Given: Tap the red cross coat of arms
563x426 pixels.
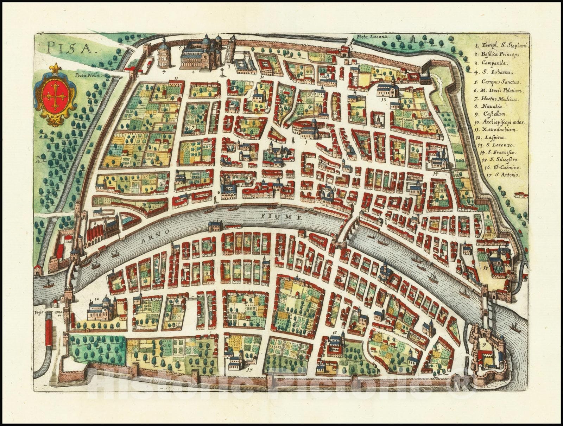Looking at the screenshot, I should (x=56, y=95).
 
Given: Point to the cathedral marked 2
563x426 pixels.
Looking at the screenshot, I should (x=201, y=55).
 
